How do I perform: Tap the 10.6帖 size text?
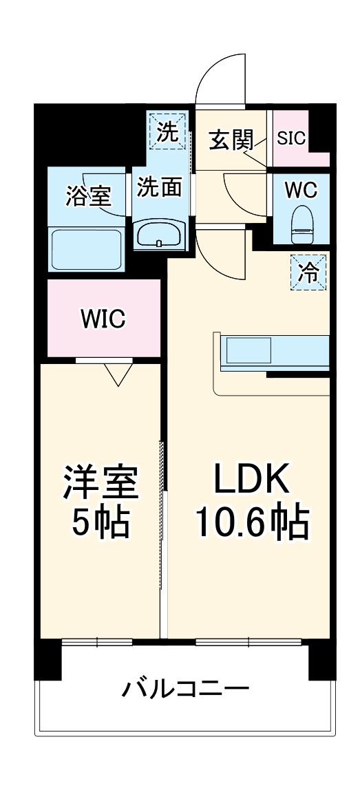coord(252,524)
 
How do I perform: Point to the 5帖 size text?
coord(100,524)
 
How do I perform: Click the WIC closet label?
coord(103,319)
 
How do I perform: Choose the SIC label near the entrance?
coord(291,137)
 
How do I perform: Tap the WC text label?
coord(301,188)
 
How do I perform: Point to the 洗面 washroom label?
coord(159,187)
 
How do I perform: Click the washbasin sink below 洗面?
coord(159,234)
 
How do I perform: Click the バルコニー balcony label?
coord(186,687)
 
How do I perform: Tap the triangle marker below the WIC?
coord(118,374)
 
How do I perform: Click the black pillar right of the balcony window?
coord(321,659)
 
